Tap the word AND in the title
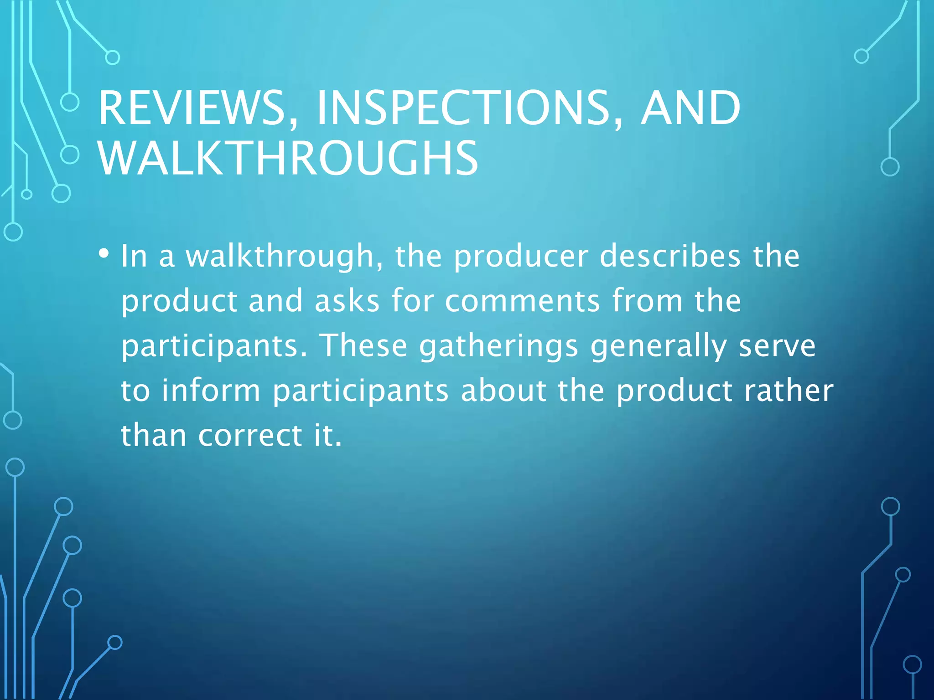coord(690,108)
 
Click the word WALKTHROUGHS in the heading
coord(288,158)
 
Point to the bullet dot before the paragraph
coord(104,253)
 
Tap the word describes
coord(670,256)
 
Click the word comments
coord(523,301)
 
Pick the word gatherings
coord(499,345)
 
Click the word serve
coord(777,345)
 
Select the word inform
coord(211,391)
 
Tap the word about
coord(503,391)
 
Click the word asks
coord(347,301)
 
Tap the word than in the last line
coord(154,435)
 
